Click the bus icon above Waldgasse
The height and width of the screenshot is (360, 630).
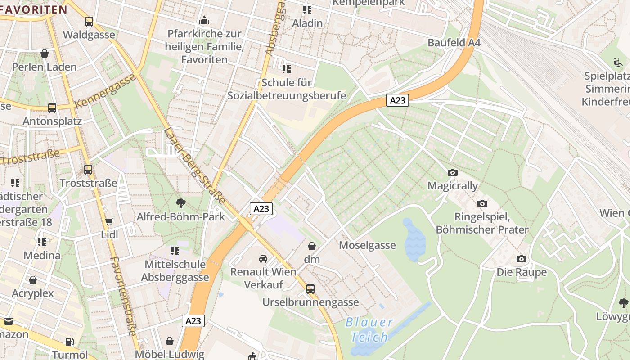pyautogui.click(x=89, y=21)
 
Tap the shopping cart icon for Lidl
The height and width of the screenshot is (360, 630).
pyautogui.click(x=109, y=221)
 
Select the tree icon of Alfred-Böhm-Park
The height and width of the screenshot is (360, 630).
pyautogui.click(x=181, y=203)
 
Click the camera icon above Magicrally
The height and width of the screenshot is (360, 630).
pyautogui.click(x=453, y=172)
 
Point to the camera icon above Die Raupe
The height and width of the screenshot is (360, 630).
pyautogui.click(x=522, y=259)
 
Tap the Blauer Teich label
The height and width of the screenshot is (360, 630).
pyautogui.click(x=369, y=329)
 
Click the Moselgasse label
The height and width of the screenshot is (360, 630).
pyautogui.click(x=367, y=245)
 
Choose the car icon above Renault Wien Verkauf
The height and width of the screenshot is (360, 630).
pyautogui.click(x=263, y=259)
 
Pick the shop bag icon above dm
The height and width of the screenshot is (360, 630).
pyautogui.click(x=311, y=246)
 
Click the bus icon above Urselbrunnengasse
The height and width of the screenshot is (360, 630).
pyautogui.click(x=310, y=288)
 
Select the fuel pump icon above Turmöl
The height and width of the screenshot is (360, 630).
pyautogui.click(x=69, y=342)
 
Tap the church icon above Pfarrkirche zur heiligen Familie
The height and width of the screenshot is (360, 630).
pyautogui.click(x=204, y=20)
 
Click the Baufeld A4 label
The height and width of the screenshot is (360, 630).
pyautogui.click(x=454, y=43)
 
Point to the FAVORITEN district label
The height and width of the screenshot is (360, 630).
pyautogui.click(x=34, y=9)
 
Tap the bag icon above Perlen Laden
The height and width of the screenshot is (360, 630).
pyautogui.click(x=45, y=54)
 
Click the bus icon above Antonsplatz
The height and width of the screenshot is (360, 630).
pyautogui.click(x=52, y=108)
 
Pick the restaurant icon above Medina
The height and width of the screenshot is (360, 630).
pyautogui.click(x=42, y=242)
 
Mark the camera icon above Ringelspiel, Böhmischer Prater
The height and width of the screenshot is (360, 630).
pyautogui.click(x=482, y=204)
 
